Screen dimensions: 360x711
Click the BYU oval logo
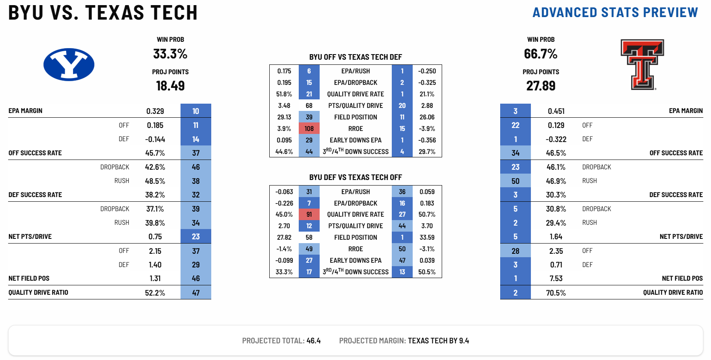(x=69, y=64)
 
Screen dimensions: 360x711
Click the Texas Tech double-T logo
(x=642, y=64)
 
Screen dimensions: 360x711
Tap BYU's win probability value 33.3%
(x=170, y=54)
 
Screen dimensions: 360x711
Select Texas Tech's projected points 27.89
(x=541, y=86)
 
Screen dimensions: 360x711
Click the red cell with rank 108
(x=309, y=129)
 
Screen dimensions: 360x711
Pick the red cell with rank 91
(x=309, y=215)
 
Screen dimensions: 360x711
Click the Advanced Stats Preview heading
(x=615, y=13)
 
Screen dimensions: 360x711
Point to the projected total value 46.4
(x=313, y=341)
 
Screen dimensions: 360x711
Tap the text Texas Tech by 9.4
(x=438, y=341)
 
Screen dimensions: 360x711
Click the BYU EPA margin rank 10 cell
(x=195, y=111)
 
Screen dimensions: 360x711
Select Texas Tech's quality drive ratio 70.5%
(x=556, y=293)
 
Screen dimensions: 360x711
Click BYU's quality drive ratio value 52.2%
(x=155, y=293)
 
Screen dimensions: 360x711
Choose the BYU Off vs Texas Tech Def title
(x=355, y=57)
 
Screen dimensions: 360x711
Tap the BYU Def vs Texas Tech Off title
(x=355, y=177)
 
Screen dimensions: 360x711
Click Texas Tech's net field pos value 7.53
(x=556, y=279)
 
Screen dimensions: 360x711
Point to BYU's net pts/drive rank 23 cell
(x=195, y=237)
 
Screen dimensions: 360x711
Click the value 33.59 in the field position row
(x=427, y=238)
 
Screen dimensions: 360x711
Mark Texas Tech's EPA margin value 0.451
(x=556, y=111)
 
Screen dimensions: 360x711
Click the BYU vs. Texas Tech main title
(x=103, y=13)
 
